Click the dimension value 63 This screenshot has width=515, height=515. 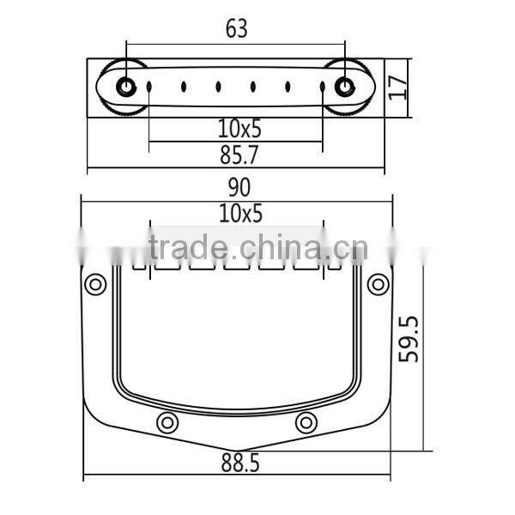236,28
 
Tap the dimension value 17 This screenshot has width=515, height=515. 397,87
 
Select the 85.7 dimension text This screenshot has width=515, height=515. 237,154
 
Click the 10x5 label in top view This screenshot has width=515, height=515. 238,130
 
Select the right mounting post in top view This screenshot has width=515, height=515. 346,87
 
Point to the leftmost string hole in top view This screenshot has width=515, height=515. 148,87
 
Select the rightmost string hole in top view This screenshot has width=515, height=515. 323,87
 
